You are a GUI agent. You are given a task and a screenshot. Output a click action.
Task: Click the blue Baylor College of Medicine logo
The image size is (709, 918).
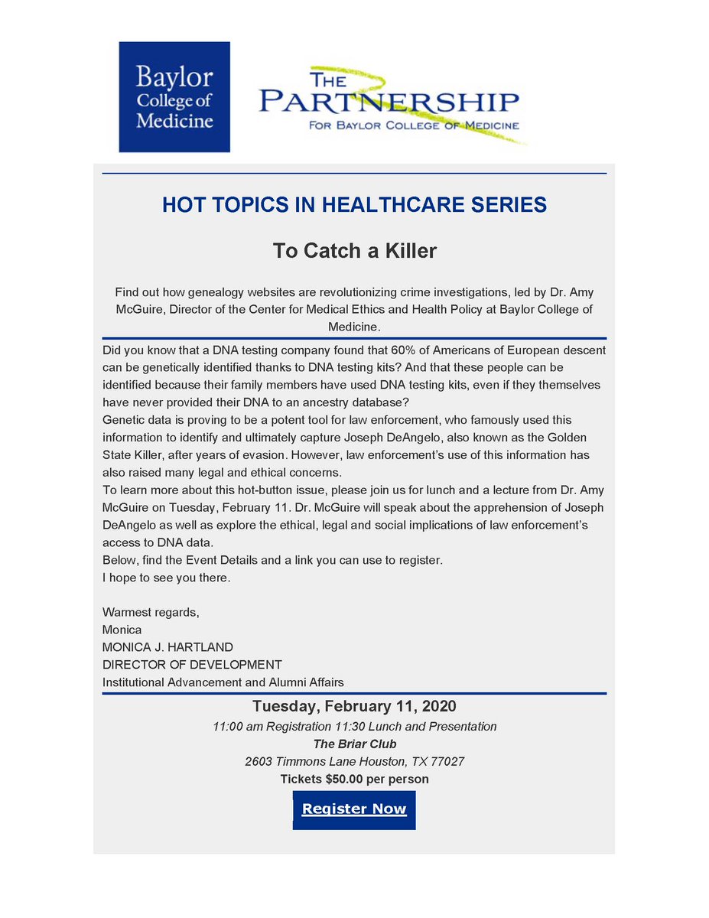coord(174,97)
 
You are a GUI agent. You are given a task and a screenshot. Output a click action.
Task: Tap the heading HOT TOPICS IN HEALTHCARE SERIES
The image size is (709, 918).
coord(354,205)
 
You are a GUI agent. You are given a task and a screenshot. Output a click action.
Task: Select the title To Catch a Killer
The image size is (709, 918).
coord(354,251)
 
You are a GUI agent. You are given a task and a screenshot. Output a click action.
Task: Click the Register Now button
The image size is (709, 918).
coord(354,809)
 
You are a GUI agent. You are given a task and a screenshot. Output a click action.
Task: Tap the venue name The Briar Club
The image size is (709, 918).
coord(354,744)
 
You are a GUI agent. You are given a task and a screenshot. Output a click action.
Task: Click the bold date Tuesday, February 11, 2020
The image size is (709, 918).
coord(354,706)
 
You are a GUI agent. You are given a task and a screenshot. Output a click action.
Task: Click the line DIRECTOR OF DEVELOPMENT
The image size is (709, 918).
coord(192,664)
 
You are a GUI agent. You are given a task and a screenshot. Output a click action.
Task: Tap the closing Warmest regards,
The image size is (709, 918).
coord(151,612)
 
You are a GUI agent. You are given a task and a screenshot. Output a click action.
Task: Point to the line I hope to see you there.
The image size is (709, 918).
coord(166,578)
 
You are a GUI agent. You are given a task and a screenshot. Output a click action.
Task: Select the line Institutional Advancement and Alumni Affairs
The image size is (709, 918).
coord(223,682)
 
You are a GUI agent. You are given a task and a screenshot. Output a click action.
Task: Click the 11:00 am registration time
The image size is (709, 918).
coord(236,726)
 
